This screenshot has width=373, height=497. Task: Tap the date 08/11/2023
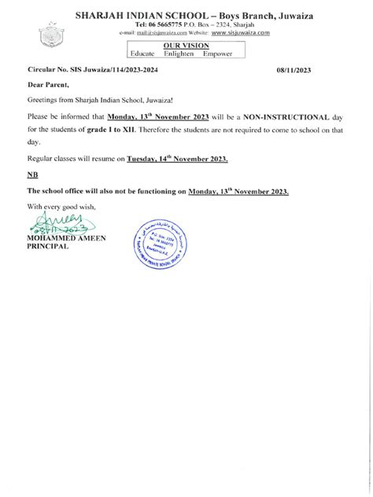tap(294, 70)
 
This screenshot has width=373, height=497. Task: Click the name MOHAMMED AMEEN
tap(66, 237)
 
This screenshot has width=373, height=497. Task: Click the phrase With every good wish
tap(60, 206)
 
